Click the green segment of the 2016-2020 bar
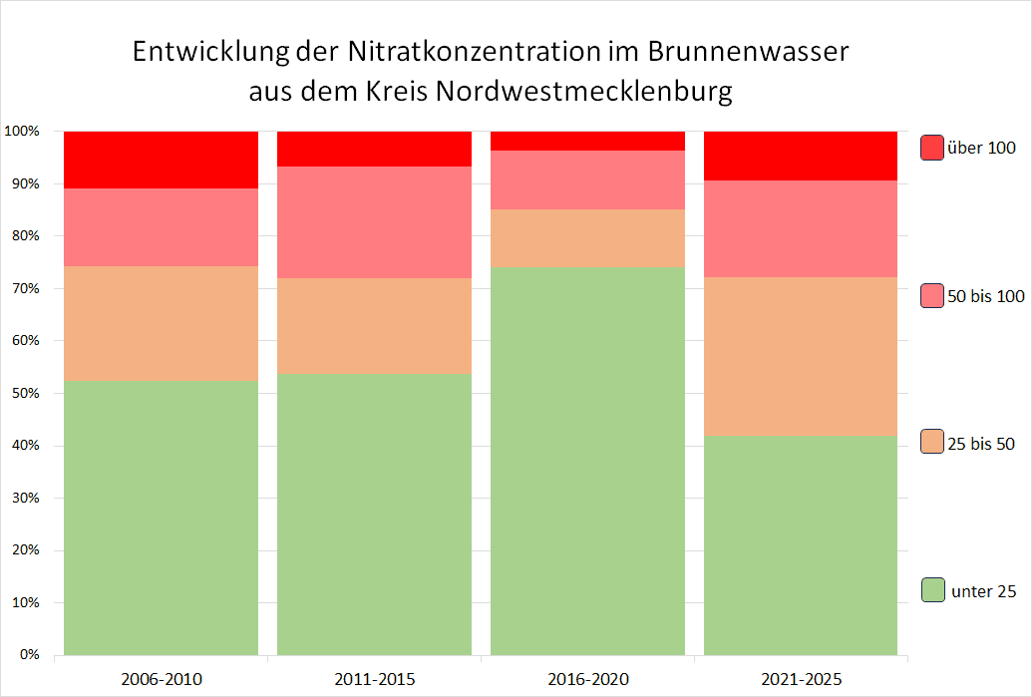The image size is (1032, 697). (587, 461)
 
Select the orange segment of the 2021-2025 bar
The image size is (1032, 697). (801, 356)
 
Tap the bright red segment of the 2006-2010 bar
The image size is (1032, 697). (162, 160)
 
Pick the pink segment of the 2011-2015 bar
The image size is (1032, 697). (374, 222)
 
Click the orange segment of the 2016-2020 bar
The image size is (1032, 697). (587, 237)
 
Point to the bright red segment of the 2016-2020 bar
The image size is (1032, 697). (587, 141)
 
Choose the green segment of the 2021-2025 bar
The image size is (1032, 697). (801, 545)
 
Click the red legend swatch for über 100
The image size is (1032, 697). (932, 148)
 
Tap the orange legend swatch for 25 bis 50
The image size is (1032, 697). (932, 442)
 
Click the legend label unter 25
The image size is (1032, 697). (984, 591)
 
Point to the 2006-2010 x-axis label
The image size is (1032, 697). (162, 680)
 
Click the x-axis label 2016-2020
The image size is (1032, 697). (587, 680)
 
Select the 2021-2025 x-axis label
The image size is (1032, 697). (801, 680)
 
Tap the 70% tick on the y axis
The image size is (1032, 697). (24, 288)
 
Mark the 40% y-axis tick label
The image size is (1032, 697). (24, 446)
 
